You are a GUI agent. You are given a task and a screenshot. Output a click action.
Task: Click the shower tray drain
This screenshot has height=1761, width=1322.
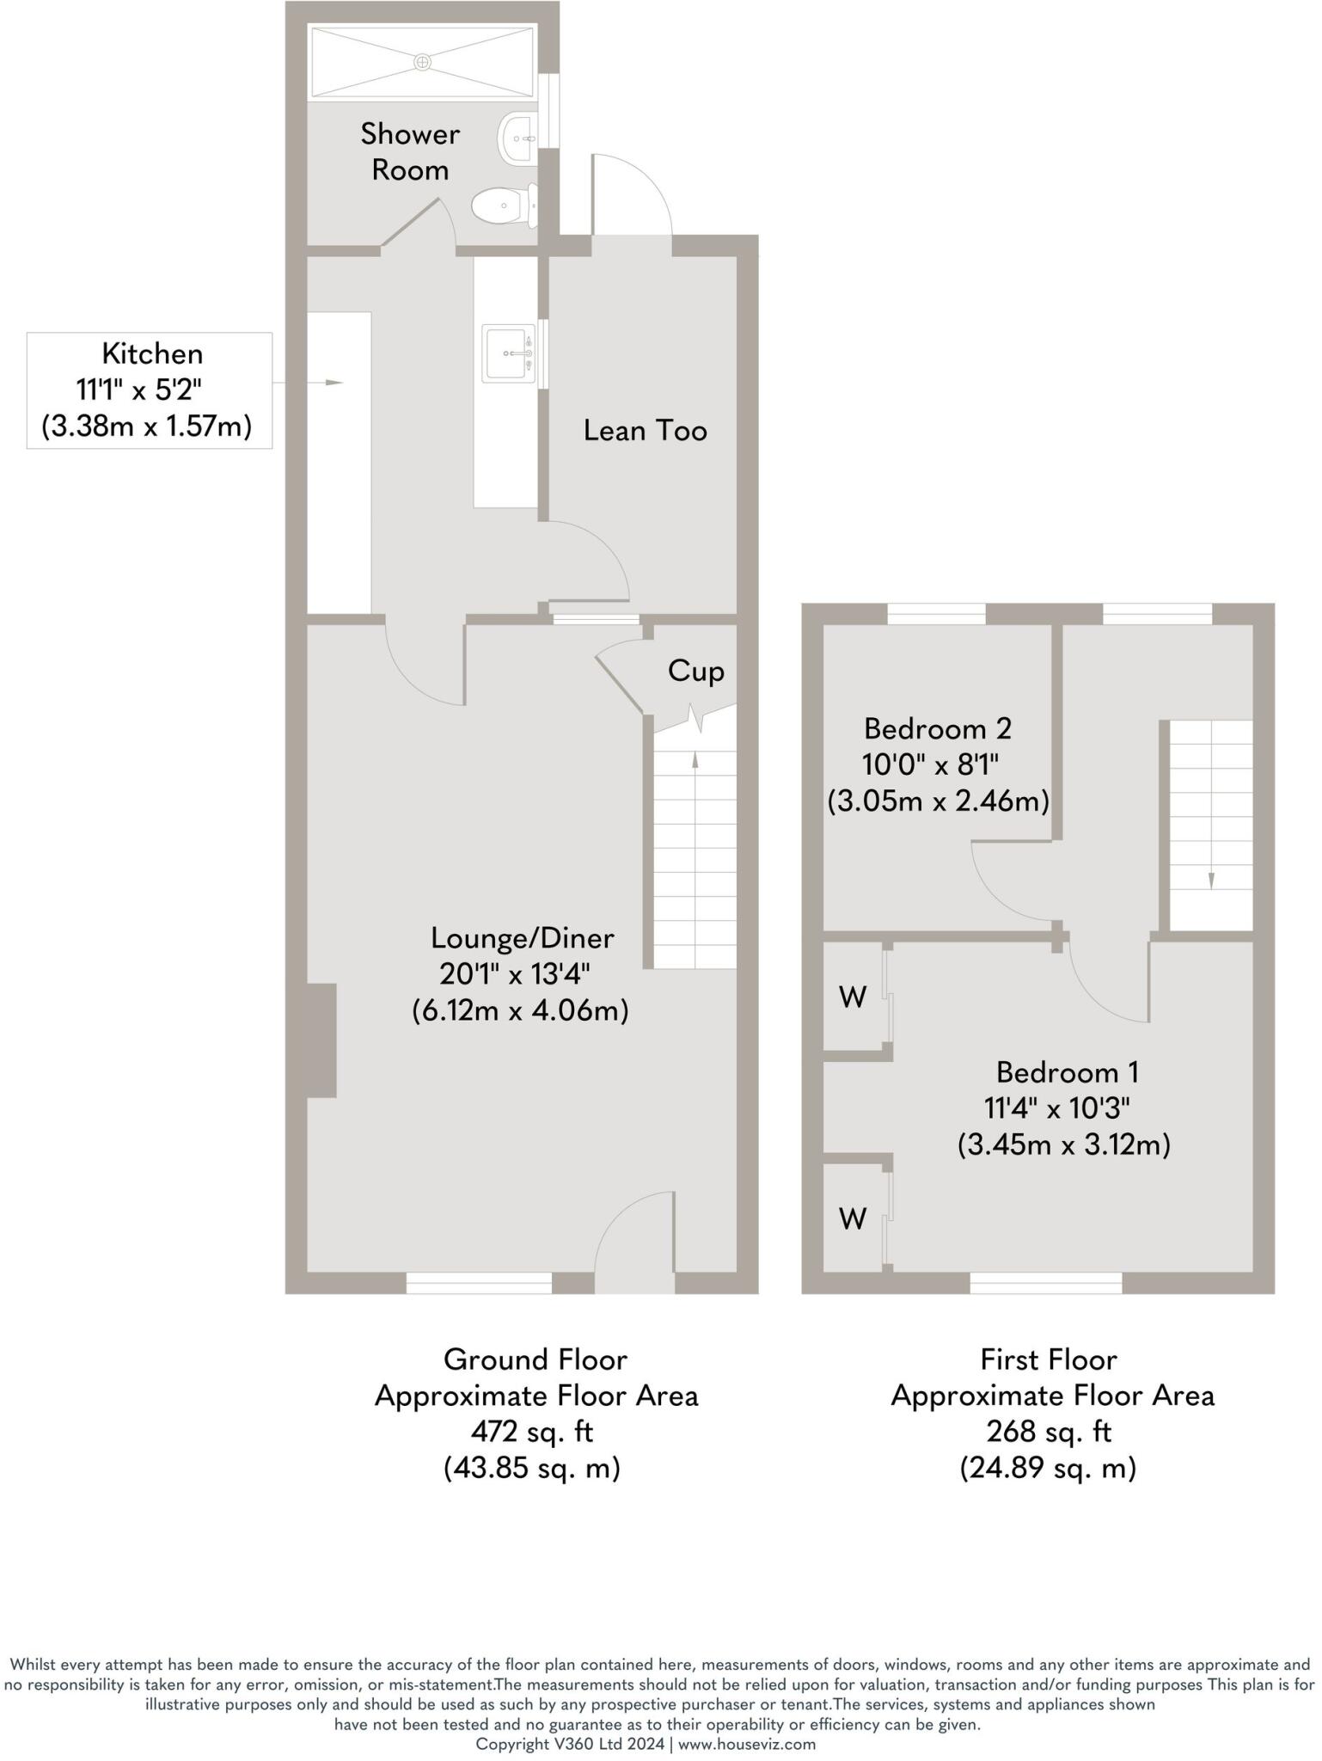pos(422,62)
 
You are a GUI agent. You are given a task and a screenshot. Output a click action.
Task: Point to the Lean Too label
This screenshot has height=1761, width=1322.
pos(645,430)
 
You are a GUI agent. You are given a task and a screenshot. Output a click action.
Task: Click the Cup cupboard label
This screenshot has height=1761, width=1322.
pos(695,671)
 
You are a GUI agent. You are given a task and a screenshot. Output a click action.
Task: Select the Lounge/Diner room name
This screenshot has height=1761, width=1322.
pos(522,937)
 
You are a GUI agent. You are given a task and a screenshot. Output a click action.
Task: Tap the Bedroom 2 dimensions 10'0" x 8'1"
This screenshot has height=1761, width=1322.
pos(930,764)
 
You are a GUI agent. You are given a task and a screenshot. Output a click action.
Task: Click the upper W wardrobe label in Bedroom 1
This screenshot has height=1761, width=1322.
pos(852,997)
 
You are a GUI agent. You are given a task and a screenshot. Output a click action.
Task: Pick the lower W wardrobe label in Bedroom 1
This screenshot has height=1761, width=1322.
pos(852,1218)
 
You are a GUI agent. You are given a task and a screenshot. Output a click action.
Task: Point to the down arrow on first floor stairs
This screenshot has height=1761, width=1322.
pos(1211,879)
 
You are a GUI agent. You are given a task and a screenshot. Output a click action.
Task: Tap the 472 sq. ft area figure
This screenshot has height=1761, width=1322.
pos(532,1431)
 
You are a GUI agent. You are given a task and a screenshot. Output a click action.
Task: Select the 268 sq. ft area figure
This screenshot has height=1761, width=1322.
pos(1048,1431)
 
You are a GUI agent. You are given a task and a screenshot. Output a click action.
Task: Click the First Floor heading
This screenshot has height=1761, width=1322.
pos(1048,1359)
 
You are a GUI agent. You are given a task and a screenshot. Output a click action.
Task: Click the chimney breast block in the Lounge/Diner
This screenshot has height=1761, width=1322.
pos(322,1040)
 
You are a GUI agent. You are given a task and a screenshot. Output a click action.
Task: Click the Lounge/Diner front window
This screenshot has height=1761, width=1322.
pos(479,1283)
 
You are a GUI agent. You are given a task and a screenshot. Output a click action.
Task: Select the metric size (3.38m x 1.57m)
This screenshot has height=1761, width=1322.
pos(147,426)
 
